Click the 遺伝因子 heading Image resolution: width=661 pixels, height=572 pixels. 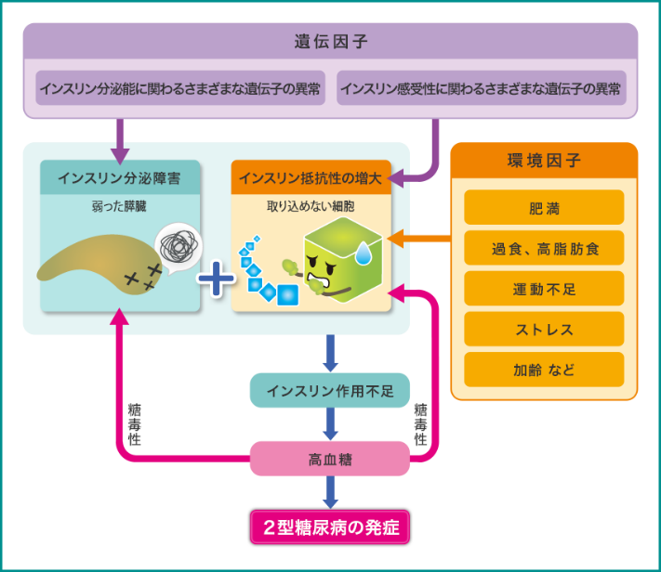(330, 42)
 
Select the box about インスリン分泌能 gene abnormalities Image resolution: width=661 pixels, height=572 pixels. (180, 89)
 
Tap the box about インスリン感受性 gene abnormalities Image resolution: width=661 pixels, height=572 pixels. (481, 89)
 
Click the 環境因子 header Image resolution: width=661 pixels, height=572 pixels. (544, 161)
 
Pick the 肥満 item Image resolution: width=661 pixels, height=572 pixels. (544, 207)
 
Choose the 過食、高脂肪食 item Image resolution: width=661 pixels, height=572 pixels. (544, 248)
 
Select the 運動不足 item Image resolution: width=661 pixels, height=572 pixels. (544, 289)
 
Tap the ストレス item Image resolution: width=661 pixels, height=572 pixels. (544, 330)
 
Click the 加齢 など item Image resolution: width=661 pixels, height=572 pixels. (544, 370)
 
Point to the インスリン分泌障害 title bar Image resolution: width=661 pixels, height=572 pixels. (121, 176)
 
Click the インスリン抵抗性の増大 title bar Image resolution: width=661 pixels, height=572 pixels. (311, 176)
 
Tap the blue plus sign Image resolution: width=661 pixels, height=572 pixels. (216, 278)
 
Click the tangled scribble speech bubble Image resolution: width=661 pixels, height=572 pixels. (177, 245)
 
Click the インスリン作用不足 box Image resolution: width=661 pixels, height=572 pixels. (330, 391)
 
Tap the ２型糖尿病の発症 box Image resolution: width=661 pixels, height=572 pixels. (330, 526)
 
